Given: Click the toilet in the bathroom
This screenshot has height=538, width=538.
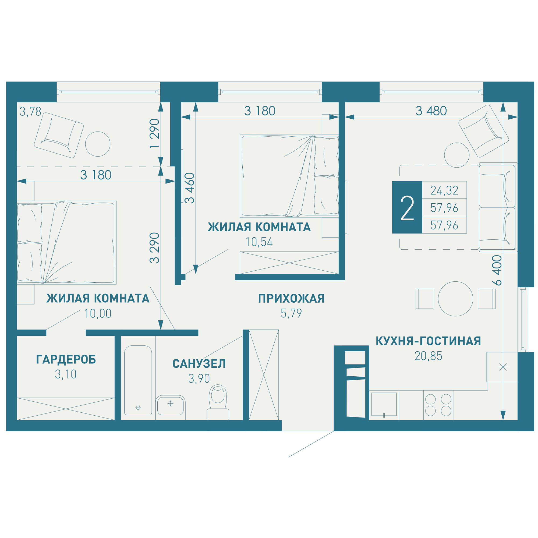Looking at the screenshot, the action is point(218,402).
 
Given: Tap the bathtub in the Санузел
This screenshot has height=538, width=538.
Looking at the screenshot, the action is point(138,380).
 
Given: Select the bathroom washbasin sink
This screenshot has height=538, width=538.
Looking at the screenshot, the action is point(171,406).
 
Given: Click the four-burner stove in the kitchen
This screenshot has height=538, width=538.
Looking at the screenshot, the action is point(438,405).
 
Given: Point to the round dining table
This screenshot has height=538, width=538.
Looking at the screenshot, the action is point(456,299).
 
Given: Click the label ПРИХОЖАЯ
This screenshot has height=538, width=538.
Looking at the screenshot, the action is point(291,299).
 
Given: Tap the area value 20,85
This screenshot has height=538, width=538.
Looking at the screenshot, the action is point(428,356).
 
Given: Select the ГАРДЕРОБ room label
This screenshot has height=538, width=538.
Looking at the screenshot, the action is point(66,359).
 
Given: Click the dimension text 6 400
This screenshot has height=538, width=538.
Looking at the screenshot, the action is point(497,270).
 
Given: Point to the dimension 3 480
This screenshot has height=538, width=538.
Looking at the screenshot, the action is point(431,111).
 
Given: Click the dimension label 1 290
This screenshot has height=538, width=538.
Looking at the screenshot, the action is point(155,133).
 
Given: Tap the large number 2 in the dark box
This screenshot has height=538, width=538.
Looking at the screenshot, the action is point(407,208).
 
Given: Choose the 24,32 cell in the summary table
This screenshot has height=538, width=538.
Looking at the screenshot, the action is point(444,190).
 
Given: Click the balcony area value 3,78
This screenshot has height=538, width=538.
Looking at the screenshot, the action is point(30,112).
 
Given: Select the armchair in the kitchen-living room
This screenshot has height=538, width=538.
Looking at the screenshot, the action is point(484,131).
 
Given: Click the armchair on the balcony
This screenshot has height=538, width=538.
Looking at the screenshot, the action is point(59,135).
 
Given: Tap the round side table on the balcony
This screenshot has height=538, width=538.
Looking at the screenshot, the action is point(98,144).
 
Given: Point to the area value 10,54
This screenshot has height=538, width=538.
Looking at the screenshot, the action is point(259,242).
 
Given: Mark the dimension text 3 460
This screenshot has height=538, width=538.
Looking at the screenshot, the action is point(190,188).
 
